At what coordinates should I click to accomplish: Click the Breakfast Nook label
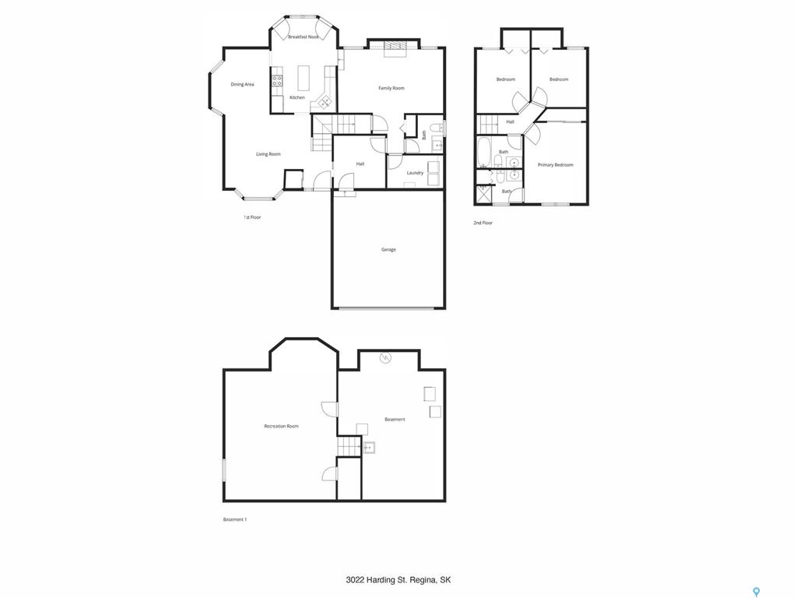coord(304,37)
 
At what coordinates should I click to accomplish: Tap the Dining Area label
coord(242,84)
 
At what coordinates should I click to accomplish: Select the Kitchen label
coord(297,97)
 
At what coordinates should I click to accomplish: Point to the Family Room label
coord(391,88)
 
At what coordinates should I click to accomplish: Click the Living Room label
coord(268,154)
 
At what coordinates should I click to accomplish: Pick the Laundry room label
coord(415,173)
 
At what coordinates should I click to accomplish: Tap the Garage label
coord(388,250)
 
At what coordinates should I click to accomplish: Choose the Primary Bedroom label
coord(555,165)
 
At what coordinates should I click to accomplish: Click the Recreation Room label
coord(281,426)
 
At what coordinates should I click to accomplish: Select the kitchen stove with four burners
coord(277,80)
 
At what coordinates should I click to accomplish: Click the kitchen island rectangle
coord(304,77)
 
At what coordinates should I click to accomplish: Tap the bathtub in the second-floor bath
coord(483,152)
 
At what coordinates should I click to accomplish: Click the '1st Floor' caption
coord(251,217)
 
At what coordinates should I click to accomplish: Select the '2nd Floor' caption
coord(483,223)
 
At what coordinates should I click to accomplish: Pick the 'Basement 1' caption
coord(235,519)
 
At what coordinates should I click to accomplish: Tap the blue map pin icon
coord(757,592)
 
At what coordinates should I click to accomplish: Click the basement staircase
coord(349,446)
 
